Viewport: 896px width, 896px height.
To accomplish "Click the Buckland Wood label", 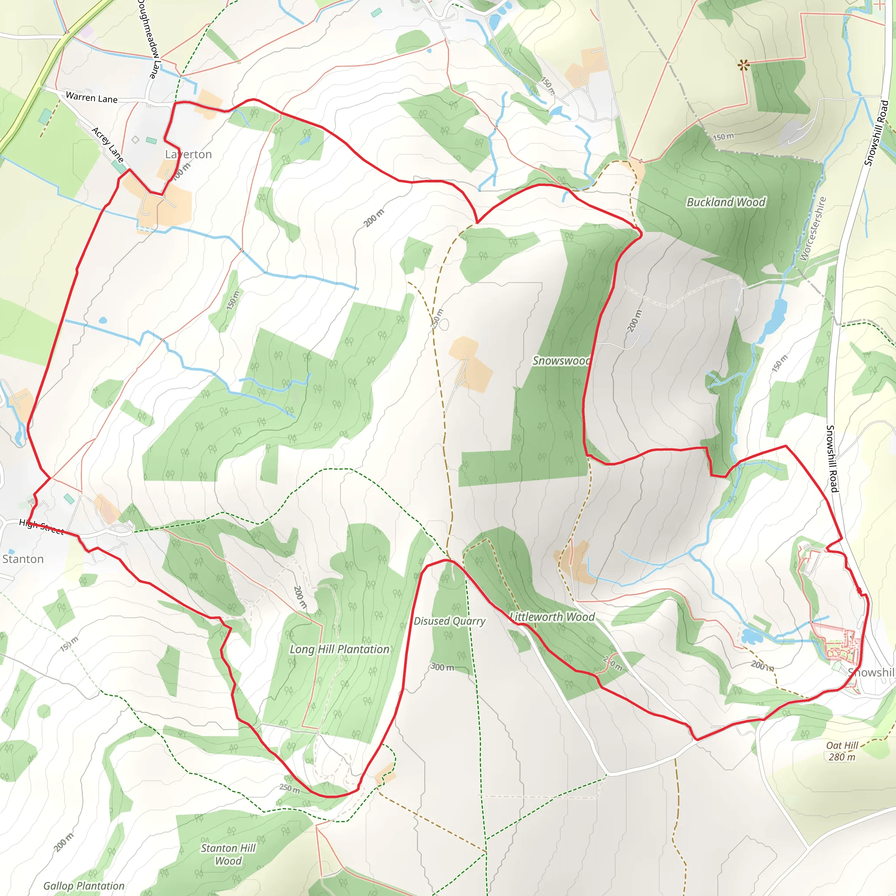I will (725, 202).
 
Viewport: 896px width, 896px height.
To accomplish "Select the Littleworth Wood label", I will (552, 617).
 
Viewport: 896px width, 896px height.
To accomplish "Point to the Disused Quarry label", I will (449, 621).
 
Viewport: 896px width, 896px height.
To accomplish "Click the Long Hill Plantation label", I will (339, 649).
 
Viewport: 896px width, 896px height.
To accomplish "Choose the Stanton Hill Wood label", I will (228, 854).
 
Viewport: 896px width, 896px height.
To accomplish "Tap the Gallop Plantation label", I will (84, 886).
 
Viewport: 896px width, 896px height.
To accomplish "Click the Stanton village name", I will (23, 559).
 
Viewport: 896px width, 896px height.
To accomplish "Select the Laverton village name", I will (188, 154).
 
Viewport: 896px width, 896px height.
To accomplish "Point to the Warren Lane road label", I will (91, 98).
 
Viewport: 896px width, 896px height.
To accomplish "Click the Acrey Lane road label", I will (108, 145).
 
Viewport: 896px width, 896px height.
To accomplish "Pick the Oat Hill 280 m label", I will (842, 751).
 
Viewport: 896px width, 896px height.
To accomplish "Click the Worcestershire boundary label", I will (812, 229).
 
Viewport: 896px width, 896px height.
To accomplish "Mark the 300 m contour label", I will (442, 667).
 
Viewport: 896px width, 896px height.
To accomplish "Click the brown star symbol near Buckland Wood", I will (743, 65).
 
